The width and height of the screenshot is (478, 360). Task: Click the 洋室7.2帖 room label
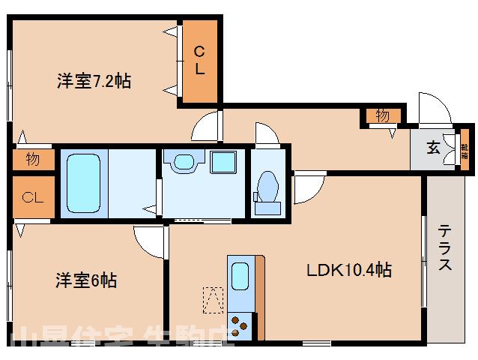(93, 81)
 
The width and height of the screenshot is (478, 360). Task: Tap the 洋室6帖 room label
(85, 281)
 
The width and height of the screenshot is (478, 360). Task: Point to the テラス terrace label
(445, 247)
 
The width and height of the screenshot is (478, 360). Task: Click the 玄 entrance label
(433, 148)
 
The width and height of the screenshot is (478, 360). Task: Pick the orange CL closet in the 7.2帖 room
(200, 61)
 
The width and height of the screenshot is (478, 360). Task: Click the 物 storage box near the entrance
(382, 115)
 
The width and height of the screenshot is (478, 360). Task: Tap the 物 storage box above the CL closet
(32, 159)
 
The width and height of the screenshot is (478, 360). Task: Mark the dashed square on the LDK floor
(214, 299)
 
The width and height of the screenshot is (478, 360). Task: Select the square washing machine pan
(223, 162)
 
